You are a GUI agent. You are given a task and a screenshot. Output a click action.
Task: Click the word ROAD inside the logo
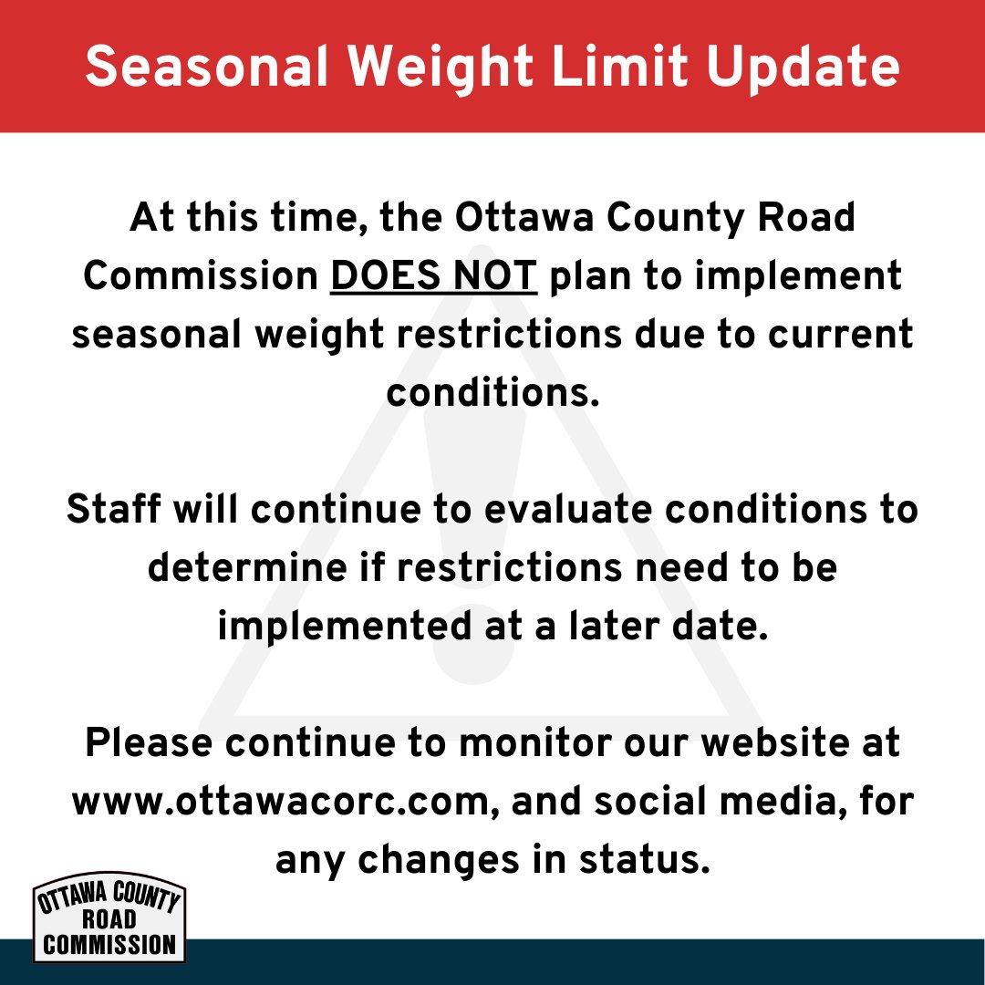tap(109, 918)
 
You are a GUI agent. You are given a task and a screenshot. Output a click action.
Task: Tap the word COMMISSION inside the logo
tap(109, 944)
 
